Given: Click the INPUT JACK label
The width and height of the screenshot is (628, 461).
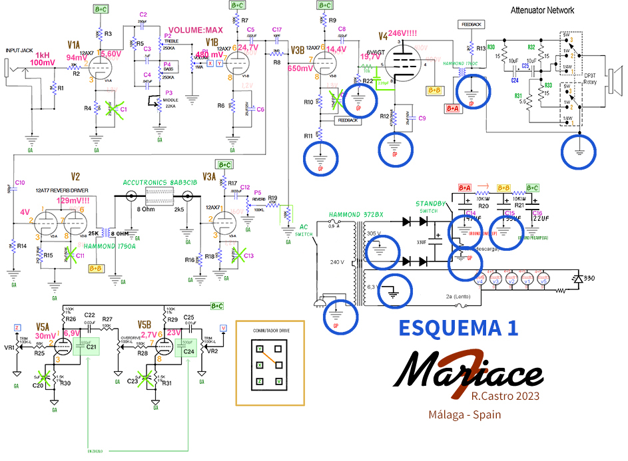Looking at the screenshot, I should [20, 51].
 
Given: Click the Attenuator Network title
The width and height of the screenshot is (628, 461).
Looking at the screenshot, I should [542, 11].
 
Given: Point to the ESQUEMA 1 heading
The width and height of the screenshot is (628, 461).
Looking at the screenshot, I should [458, 327].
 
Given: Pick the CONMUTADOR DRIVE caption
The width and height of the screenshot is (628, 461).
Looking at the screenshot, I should [270, 330].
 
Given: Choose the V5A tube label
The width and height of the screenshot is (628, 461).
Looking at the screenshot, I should [43, 327].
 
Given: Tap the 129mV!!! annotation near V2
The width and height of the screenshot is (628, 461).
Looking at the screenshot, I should [71, 200].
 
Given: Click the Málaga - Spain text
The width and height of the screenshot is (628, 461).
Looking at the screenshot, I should [465, 414].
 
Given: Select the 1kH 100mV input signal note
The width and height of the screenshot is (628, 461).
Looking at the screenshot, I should [43, 58].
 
